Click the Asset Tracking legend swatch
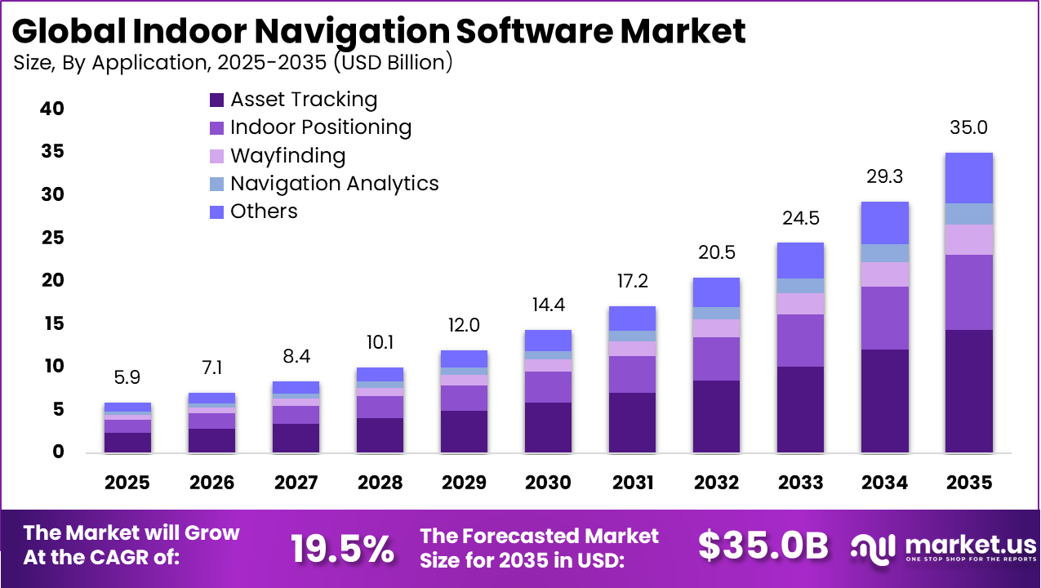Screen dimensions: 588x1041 (x=216, y=100)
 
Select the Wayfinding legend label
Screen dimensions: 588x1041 (x=287, y=155)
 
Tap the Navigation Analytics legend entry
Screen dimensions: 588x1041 (x=334, y=183)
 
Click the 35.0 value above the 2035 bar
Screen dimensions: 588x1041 (x=968, y=127)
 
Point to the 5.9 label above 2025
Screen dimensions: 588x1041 (x=127, y=378)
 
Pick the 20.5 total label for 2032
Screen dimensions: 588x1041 (x=716, y=252)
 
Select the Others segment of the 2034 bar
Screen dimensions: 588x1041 (x=884, y=222)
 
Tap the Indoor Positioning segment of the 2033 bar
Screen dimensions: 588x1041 (x=800, y=340)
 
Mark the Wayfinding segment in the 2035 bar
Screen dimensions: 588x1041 (x=968, y=239)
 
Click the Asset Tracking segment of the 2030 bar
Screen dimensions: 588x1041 (x=548, y=427)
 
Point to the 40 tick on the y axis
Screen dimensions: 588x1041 (x=51, y=109)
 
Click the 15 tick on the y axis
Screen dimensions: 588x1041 (x=51, y=323)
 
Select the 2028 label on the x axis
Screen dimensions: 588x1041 (x=380, y=483)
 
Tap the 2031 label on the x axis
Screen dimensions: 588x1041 (x=632, y=483)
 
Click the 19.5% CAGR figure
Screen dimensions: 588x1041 (x=343, y=548)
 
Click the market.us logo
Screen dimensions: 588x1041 (x=943, y=547)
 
